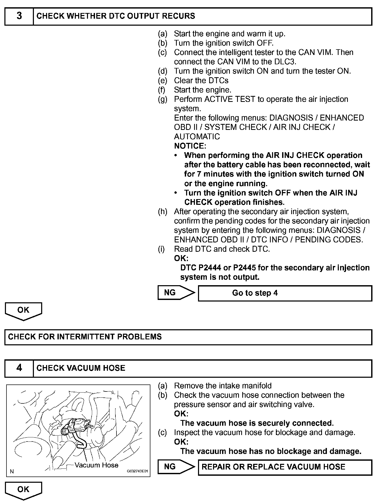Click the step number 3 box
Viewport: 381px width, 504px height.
pos(19,16)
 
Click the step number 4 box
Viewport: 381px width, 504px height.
pos(19,368)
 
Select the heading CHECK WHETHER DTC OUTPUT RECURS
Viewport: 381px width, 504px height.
pos(116,16)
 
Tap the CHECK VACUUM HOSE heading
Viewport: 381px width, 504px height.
pos(81,368)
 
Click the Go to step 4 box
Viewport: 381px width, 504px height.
pos(285,293)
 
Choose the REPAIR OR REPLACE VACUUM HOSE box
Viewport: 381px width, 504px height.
pos(285,467)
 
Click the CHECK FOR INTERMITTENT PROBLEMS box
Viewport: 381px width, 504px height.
pos(188,337)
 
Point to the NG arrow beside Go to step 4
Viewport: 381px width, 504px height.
pos(176,293)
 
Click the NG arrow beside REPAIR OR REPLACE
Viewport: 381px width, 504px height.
pos(176,467)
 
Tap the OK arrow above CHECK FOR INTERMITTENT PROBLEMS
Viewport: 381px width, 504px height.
pos(23,311)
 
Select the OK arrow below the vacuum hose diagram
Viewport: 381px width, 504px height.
pos(23,490)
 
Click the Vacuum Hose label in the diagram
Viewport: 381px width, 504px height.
pos(96,465)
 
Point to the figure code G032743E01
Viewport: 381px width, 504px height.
pos(137,471)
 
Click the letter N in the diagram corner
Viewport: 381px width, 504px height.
pos(12,471)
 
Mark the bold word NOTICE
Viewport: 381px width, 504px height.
pos(190,146)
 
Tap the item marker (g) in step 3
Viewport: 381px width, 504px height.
pos(163,99)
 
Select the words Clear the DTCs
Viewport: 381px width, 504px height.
pos(201,81)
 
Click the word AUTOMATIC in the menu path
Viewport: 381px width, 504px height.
pos(197,137)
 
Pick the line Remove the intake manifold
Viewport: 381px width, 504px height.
pos(223,386)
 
